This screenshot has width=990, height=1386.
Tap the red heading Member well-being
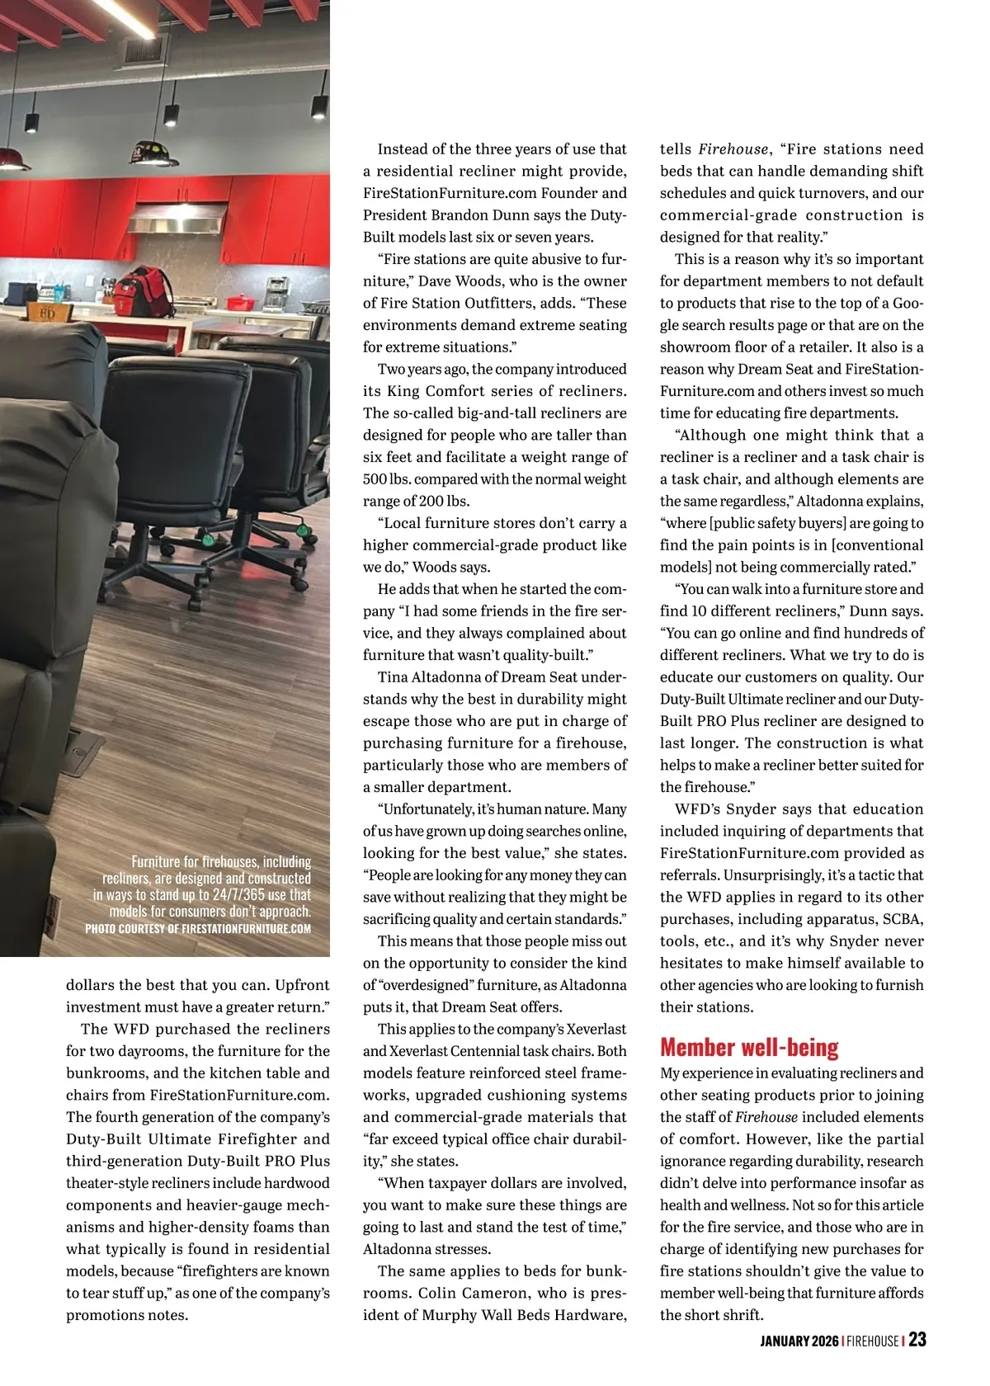[748, 1048]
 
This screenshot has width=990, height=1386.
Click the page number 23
[917, 1339]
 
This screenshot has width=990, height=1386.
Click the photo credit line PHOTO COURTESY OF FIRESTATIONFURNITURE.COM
[198, 928]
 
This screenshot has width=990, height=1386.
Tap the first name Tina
[393, 677]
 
